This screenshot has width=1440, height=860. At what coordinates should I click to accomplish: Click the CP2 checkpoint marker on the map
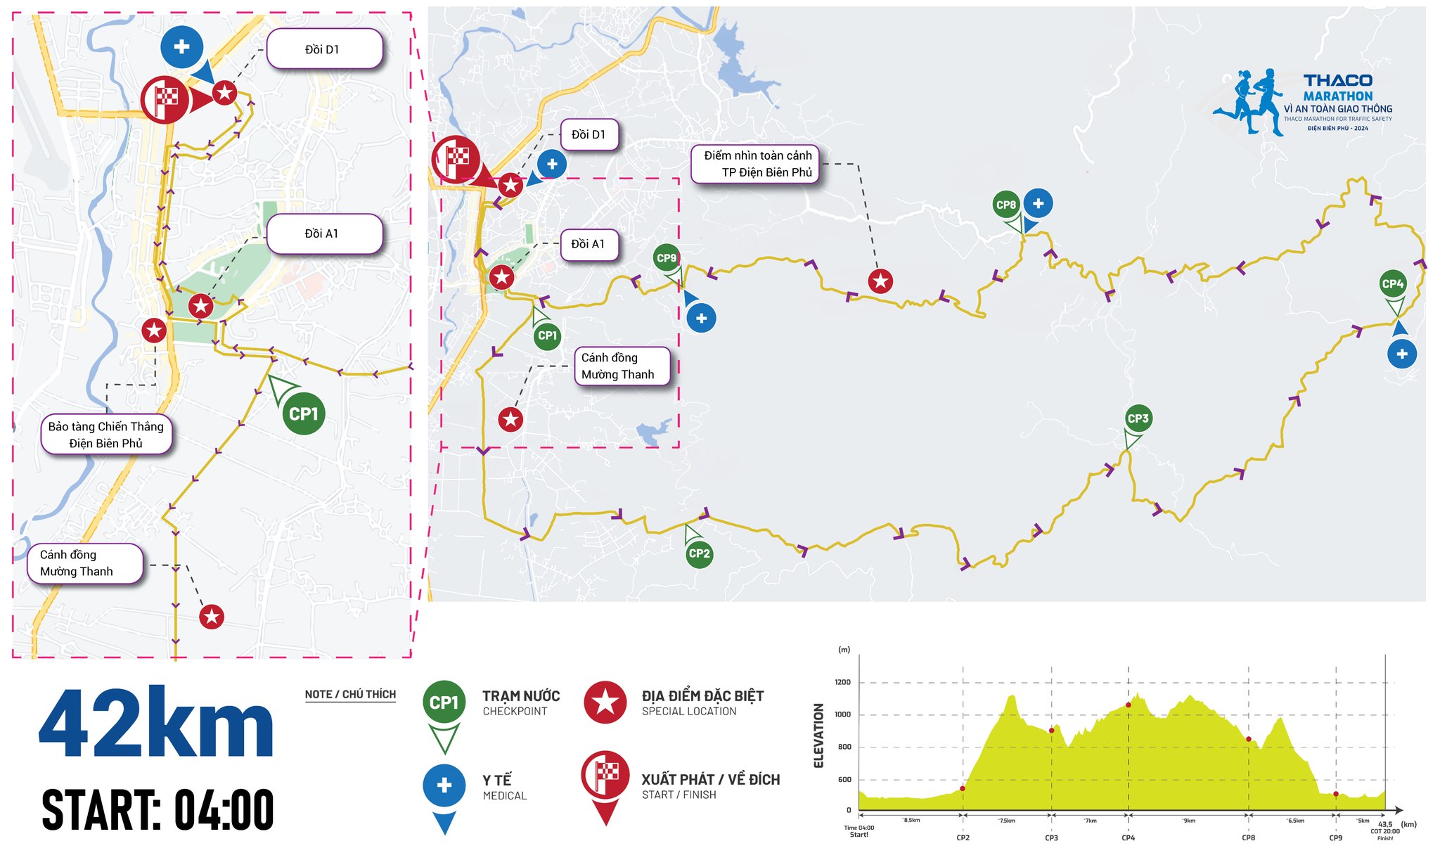(699, 553)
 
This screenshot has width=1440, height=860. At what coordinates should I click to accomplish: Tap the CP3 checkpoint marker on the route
(1138, 419)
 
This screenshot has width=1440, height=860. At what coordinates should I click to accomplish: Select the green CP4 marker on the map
(1392, 284)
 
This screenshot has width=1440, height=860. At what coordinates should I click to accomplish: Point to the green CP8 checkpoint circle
(1006, 205)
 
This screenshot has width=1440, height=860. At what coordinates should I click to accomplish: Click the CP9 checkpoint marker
(666, 258)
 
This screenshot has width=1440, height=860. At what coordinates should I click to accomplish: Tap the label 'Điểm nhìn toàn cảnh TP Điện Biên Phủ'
(757, 164)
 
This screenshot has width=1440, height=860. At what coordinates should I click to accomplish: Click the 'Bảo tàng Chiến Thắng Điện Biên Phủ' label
(106, 435)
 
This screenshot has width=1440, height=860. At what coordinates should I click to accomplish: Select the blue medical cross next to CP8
(1038, 203)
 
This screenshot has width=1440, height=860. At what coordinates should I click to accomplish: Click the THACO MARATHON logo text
(1337, 88)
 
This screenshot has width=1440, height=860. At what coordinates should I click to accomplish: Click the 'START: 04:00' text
(157, 810)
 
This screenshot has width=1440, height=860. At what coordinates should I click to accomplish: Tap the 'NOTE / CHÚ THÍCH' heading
(350, 695)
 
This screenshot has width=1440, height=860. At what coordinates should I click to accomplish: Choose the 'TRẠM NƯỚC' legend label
(521, 696)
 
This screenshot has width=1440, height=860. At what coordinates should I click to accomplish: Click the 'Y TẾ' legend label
(497, 781)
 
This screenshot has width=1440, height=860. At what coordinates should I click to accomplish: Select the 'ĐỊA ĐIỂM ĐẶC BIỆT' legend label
(702, 696)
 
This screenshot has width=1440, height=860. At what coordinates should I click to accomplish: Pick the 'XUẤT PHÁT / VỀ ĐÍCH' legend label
(710, 780)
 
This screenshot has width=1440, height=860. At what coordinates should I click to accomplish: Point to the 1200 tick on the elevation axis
(842, 682)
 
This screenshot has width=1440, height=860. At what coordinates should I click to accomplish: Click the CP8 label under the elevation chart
(1248, 837)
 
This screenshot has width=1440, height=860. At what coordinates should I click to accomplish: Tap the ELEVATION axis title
(818, 736)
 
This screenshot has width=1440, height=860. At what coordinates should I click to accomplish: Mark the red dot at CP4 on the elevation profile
(1129, 705)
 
